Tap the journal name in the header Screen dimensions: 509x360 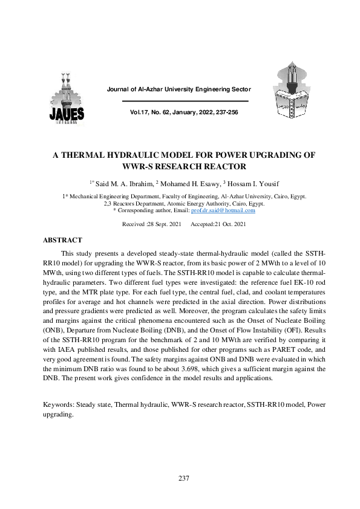point(178,89)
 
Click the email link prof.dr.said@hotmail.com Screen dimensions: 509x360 point(223,210)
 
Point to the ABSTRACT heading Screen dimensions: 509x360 point(63,240)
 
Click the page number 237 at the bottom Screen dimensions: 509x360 point(185,479)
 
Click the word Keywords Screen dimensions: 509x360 point(61,403)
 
